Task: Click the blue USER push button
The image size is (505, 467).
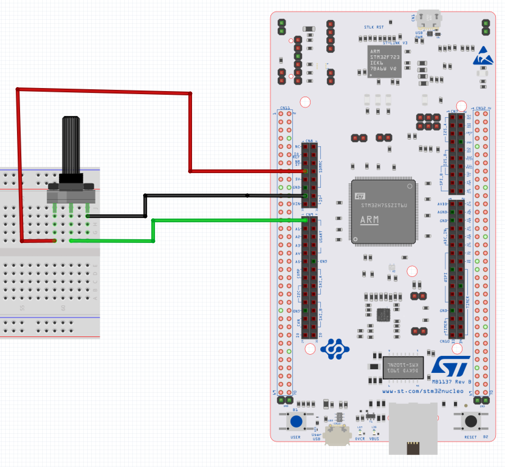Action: pos(296,421)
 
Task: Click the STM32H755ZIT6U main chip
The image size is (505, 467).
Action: pos(383,212)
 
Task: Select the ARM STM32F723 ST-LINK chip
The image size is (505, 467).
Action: pos(384,62)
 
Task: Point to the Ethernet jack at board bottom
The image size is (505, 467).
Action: pos(413,428)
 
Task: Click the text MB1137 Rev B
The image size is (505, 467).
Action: pos(452,382)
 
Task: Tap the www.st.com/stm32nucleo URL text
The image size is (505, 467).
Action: pos(423,391)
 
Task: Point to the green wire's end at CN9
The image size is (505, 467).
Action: pos(305,220)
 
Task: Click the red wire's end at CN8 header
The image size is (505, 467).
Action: pos(305,172)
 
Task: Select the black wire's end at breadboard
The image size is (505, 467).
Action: pos(88,216)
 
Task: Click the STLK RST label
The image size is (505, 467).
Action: pos(374,27)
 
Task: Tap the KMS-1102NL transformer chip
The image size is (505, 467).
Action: pos(403,368)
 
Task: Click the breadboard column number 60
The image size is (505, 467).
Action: pos(63,308)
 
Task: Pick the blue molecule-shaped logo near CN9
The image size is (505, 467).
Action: pos(335,349)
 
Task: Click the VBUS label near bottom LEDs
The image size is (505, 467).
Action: pos(374,439)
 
